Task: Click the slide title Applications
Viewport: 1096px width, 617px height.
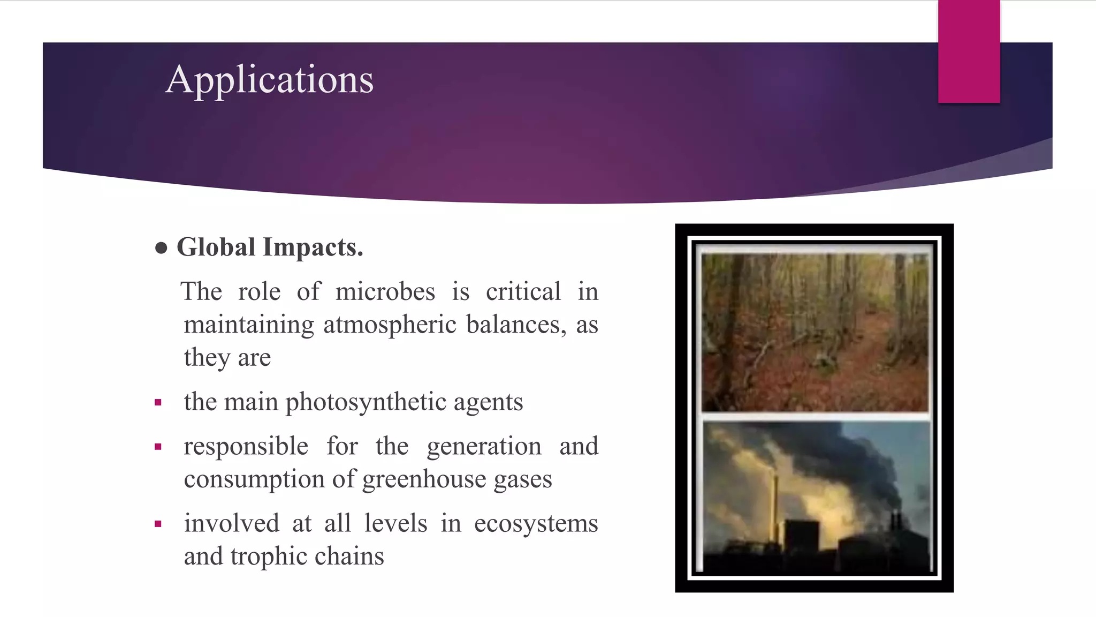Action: (x=269, y=80)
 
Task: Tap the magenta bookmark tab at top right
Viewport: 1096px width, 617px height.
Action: (x=969, y=51)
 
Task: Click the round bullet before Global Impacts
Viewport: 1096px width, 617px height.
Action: (x=161, y=248)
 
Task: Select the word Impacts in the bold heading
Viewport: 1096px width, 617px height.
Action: (x=313, y=247)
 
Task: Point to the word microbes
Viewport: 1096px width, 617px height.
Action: (x=385, y=292)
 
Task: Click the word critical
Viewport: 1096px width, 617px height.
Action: (x=523, y=292)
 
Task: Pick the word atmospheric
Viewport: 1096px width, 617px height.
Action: (x=389, y=325)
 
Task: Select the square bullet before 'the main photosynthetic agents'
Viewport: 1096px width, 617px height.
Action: (x=158, y=403)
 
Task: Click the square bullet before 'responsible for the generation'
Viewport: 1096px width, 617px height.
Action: (x=158, y=447)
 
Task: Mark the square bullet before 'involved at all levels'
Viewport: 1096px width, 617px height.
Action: (x=158, y=524)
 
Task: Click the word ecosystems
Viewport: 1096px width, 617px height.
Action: (x=536, y=523)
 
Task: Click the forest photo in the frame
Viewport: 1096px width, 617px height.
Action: (x=815, y=332)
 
